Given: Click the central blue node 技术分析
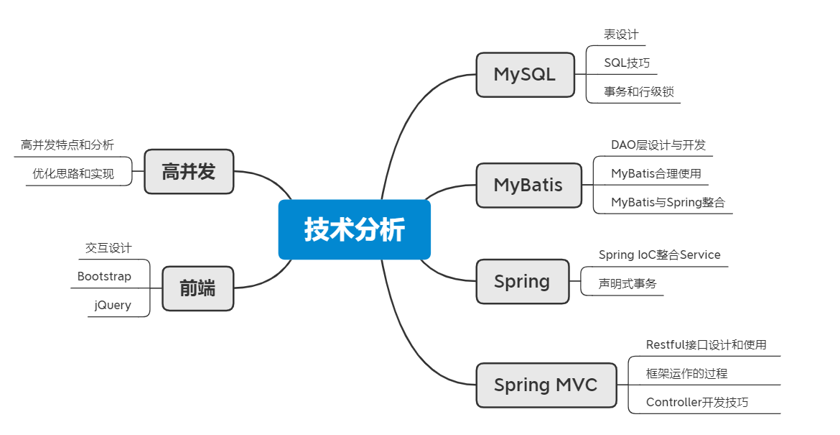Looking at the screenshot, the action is [354, 229].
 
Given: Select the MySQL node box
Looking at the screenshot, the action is [525, 75].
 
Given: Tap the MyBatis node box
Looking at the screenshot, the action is [528, 185].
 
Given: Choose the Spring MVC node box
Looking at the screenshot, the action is [546, 385].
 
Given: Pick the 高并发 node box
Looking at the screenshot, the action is [189, 172].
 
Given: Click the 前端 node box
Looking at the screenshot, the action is [197, 288].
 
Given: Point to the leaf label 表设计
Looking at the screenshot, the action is [622, 35].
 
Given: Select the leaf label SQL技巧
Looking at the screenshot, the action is [627, 63].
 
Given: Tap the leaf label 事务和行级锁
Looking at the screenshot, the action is [638, 92].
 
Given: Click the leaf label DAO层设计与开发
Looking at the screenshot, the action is [658, 145].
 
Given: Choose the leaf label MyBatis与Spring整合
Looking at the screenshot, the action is [668, 202].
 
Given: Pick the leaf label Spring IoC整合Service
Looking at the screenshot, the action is [660, 255].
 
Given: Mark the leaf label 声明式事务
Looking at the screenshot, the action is [627, 284].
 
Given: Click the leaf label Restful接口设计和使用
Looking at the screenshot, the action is [706, 345].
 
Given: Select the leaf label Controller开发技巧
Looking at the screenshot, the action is [697, 402].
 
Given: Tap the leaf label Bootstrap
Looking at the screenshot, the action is [104, 276].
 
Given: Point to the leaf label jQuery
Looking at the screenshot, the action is [113, 305].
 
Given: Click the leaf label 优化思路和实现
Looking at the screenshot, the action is [73, 174].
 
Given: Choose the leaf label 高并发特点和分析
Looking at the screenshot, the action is [67, 145].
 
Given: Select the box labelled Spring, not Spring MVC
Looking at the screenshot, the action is [523, 282].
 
